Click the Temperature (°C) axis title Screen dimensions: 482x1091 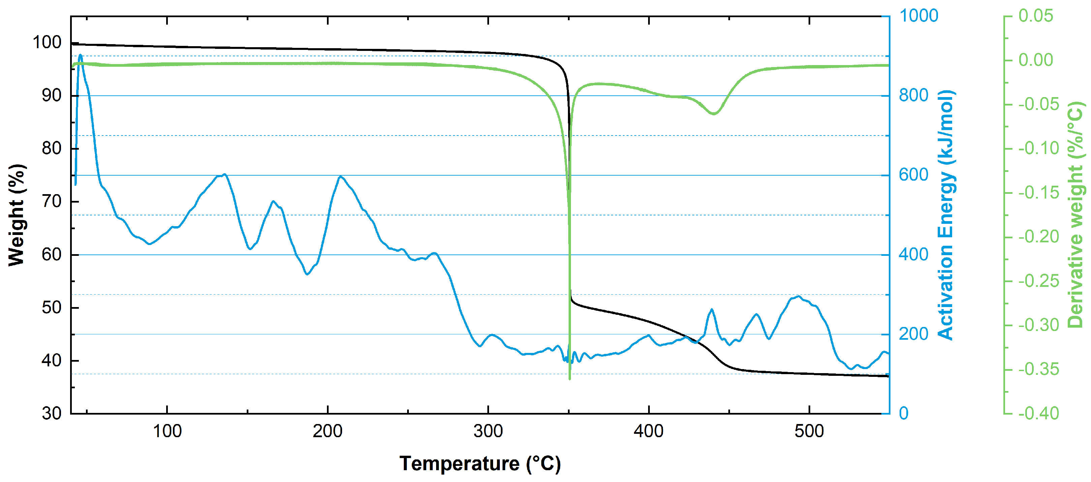coord(480,464)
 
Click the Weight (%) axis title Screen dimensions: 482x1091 coord(17,215)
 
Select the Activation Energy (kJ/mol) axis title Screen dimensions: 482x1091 coord(946,215)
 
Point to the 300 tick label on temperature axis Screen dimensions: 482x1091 coord(488,431)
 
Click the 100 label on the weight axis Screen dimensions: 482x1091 coord(47,43)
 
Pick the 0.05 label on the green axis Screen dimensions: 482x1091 coord(1035,16)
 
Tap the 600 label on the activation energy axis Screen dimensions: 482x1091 coord(913,175)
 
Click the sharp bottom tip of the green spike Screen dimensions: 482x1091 coord(570,378)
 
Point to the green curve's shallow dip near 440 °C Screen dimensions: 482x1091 coord(714,114)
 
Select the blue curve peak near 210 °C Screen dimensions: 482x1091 coord(340,177)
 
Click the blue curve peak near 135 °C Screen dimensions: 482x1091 coord(224,175)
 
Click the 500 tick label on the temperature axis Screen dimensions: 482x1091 coord(809,431)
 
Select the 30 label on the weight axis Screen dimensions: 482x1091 coord(52,413)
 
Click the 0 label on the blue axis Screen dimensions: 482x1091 coord(904,413)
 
